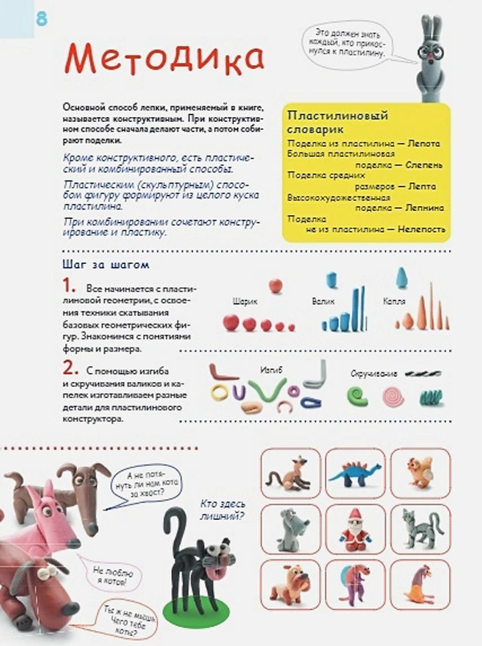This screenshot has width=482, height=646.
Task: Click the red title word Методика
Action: point(164,59)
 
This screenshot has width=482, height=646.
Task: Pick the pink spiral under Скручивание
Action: point(392,395)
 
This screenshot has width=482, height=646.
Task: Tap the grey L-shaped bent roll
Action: point(316,376)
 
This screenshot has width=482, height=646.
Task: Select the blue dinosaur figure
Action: point(355,473)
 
